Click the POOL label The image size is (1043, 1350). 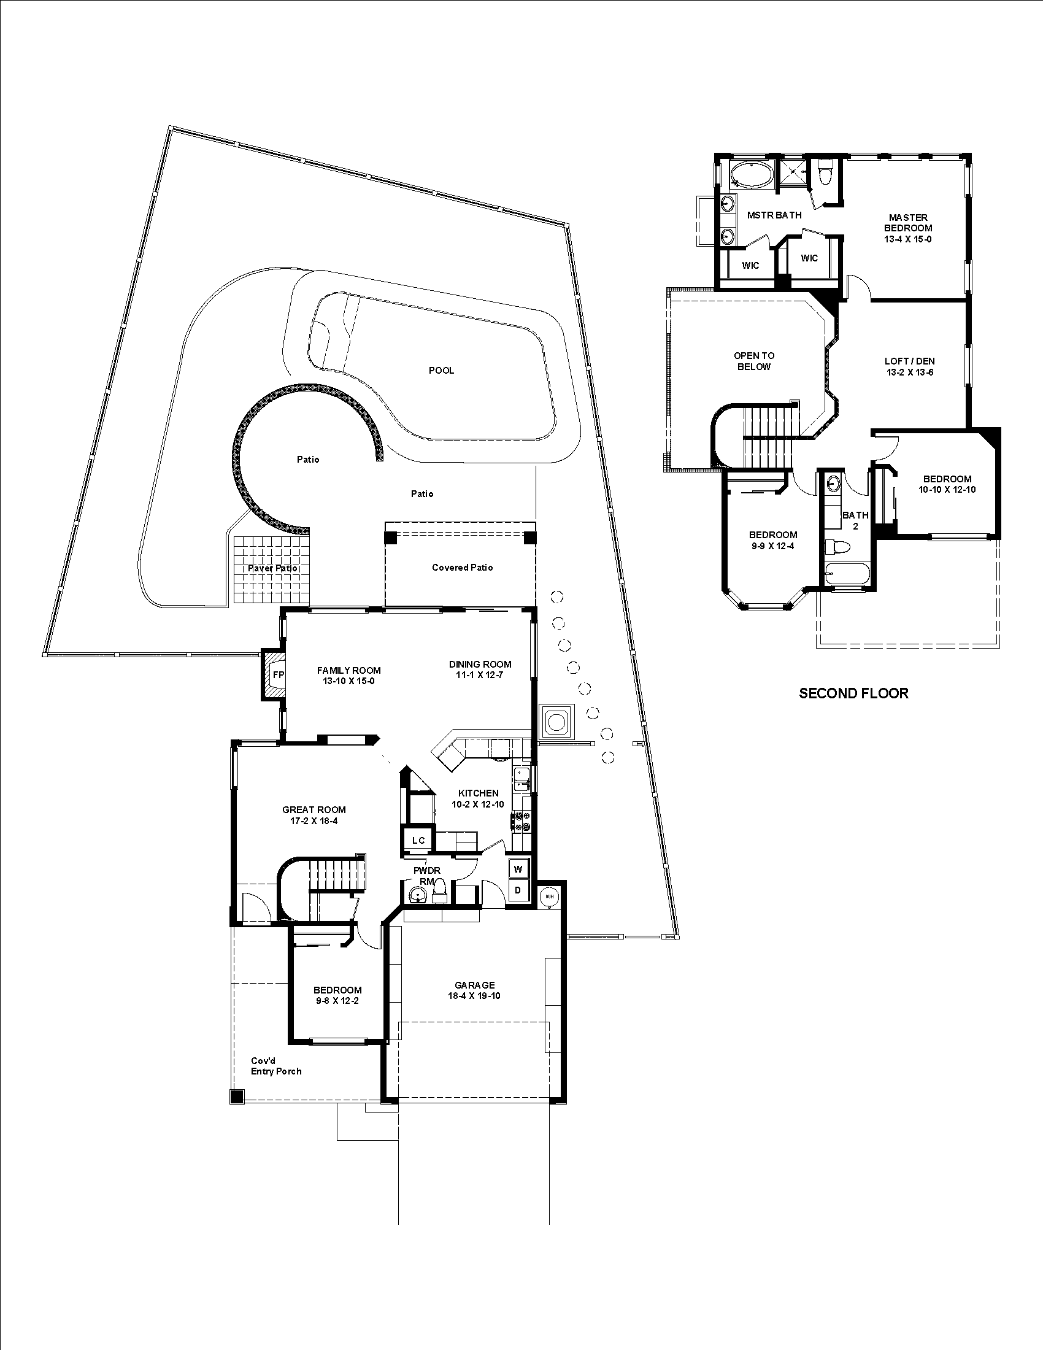point(441,370)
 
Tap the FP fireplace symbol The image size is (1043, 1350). point(278,675)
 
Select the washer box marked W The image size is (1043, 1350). point(518,869)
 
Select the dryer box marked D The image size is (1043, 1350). point(518,890)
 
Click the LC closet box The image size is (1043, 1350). point(418,840)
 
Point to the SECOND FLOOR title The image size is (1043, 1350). point(853,693)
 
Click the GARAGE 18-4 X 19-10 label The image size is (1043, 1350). point(474,990)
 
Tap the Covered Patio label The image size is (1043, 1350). point(462,568)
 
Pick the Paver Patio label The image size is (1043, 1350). point(272,568)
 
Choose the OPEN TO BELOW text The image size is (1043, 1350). point(754,361)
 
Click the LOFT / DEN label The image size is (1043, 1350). point(909,366)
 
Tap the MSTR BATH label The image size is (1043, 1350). point(774,215)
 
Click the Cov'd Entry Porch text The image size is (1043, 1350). point(275,1066)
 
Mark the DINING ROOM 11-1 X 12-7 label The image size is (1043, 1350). point(480,669)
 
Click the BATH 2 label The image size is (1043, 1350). point(855,520)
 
